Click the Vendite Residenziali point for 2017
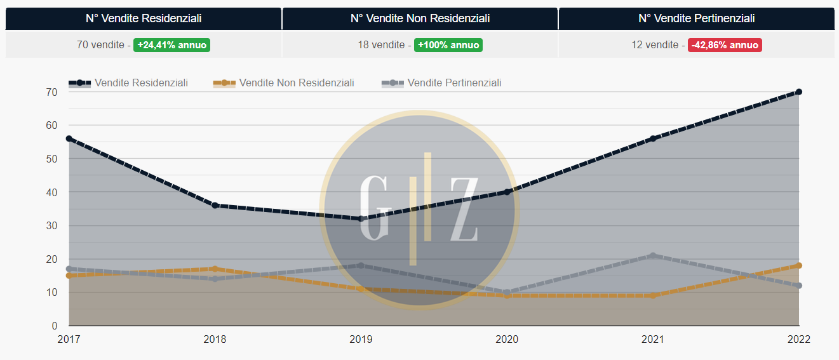69,138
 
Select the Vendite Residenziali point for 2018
215,206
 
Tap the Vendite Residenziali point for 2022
799,92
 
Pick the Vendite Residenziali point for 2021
653,138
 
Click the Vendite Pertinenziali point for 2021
653,256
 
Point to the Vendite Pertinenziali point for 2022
799,286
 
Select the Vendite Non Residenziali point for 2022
799,265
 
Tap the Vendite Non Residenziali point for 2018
215,269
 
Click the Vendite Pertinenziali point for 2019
361,265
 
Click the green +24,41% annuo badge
171,45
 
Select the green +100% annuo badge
448,45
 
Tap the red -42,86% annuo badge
725,45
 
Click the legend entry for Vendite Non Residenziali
284,83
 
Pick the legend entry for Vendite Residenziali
128,83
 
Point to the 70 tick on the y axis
51,92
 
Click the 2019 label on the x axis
361,339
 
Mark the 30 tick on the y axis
51,225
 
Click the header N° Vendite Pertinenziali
697,18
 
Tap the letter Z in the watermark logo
464,210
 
